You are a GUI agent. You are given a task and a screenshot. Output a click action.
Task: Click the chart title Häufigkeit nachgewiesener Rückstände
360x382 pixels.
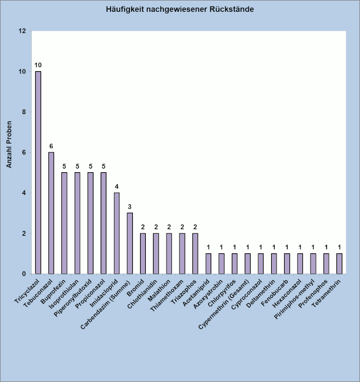(180, 10)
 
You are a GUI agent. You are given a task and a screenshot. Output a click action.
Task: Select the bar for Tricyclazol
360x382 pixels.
(38, 172)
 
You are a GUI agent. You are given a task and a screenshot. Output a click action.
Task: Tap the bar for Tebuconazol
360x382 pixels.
(51, 213)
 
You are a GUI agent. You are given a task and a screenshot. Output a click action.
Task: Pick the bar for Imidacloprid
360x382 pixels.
(116, 233)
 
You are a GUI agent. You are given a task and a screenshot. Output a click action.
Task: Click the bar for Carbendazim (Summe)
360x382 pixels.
(129, 243)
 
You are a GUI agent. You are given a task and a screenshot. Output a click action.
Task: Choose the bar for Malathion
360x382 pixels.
(169, 253)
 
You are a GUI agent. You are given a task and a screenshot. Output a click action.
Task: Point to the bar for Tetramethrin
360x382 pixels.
(339, 263)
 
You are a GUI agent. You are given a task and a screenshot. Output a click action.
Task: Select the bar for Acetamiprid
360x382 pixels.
(208, 263)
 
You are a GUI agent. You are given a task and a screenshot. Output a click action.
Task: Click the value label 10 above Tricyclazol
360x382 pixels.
(38, 65)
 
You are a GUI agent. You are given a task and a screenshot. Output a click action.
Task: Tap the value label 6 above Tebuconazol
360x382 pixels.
(51, 146)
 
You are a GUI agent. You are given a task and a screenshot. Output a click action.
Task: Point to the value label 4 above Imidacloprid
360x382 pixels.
(116, 186)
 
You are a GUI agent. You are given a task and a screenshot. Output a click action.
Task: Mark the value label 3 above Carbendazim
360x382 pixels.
(129, 206)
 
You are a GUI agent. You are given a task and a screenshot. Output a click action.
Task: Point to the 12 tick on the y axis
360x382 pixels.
(22, 31)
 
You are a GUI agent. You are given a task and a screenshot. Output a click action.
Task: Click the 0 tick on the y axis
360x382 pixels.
(24, 274)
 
